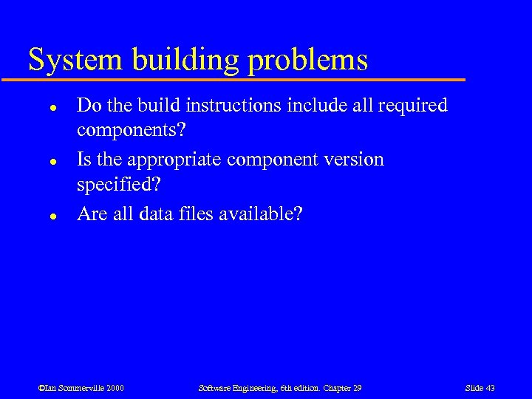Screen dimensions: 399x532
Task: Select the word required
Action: click(x=412, y=106)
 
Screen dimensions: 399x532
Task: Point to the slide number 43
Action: click(x=480, y=388)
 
